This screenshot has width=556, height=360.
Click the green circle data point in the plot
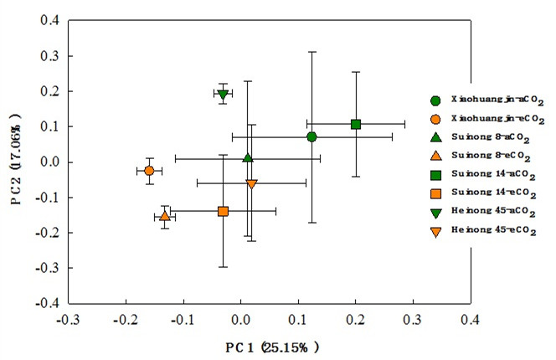(311, 136)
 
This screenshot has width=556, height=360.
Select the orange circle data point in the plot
(149, 171)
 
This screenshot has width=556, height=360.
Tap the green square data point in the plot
(356, 124)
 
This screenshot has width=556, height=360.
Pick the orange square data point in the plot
(223, 211)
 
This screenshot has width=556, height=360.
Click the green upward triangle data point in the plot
(248, 157)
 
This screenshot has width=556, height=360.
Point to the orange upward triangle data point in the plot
(165, 216)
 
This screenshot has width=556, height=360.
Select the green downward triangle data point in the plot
(222, 94)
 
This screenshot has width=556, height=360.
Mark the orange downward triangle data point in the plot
(251, 183)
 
